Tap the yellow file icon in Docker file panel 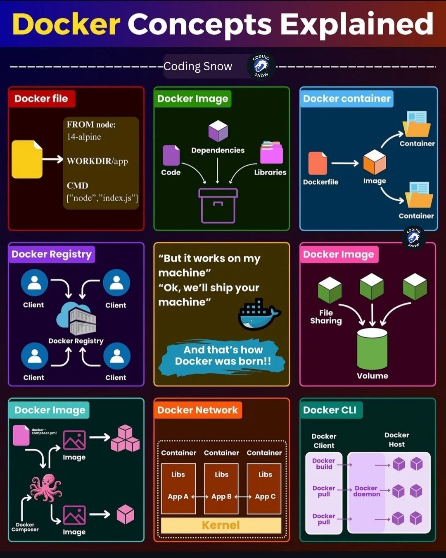click(27, 160)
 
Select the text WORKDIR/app click(97, 161)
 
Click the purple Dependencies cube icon click(218, 131)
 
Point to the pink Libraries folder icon click(271, 153)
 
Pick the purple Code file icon click(171, 155)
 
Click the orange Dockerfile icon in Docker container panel click(318, 163)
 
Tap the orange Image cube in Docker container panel click(375, 162)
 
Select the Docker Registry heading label click(52, 254)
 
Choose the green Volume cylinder click(372, 349)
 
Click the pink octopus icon click(46, 488)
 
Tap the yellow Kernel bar click(221, 525)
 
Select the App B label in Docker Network click(221, 496)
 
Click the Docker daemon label click(367, 491)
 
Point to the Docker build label click(324, 464)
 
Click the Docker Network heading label click(197, 410)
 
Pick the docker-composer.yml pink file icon click(21, 435)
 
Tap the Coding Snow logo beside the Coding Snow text click(261, 66)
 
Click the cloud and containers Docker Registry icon click(77, 319)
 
